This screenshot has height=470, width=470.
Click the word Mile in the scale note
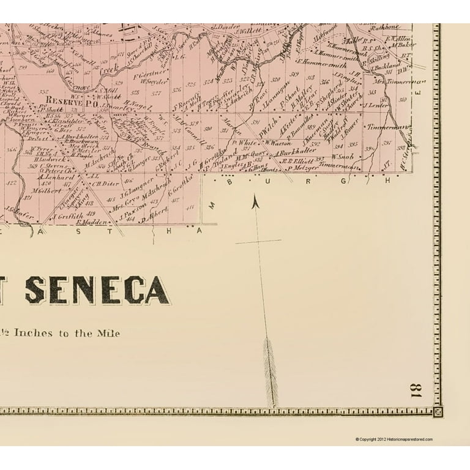click(108, 334)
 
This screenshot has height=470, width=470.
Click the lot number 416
click(127, 181)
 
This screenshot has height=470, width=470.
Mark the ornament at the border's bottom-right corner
click(437, 412)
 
